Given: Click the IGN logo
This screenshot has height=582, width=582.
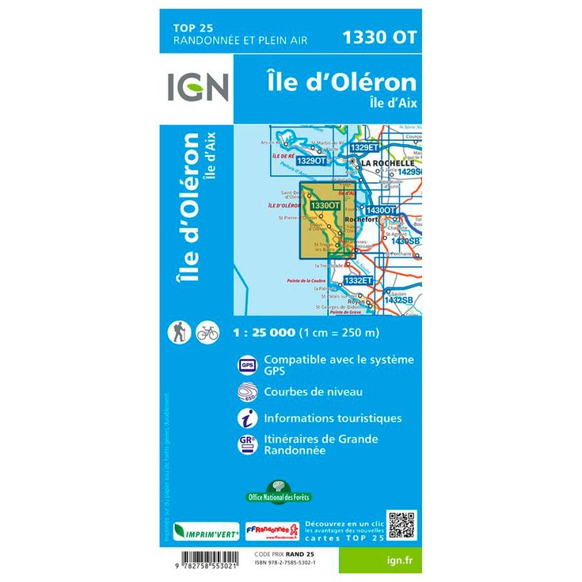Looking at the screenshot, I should click(x=198, y=87).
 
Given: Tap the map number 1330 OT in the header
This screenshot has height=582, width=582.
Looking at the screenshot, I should click(x=378, y=36).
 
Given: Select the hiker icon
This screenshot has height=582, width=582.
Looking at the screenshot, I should click(x=180, y=333).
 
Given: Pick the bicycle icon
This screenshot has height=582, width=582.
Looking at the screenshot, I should click(x=207, y=333).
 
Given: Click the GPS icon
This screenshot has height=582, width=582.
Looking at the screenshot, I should click(x=246, y=365).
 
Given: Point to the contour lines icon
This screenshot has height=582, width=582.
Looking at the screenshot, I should click(x=246, y=392).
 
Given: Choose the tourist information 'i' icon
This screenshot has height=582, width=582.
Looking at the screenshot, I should click(x=246, y=418).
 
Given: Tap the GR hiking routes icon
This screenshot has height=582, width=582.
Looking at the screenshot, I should click(x=246, y=445).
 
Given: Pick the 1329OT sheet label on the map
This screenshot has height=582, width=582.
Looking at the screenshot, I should click(x=310, y=161).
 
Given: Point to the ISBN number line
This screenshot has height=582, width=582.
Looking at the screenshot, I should click(x=287, y=562).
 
